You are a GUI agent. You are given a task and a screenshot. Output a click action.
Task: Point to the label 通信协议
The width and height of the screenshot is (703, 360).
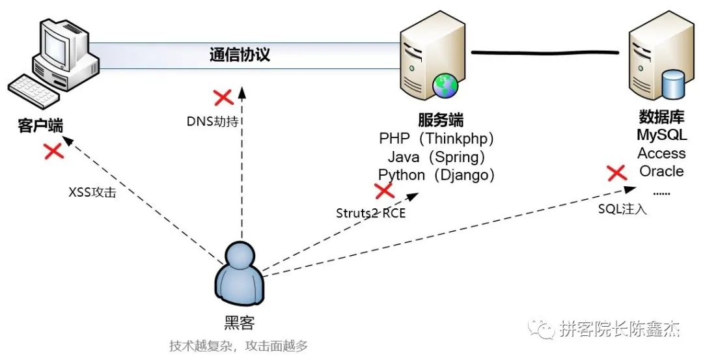tap(240, 55)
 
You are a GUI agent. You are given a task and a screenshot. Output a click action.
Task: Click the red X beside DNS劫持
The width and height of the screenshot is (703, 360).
tap(224, 98)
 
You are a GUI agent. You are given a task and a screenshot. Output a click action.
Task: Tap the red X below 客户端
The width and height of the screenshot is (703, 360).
tap(53, 151)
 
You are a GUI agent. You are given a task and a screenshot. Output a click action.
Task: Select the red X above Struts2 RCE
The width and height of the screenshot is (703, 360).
tap(384, 191)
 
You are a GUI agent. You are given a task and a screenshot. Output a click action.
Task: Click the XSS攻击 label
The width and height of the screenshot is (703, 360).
tap(92, 193)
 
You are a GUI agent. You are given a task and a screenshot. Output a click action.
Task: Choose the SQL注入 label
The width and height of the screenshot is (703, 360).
tap(622, 209)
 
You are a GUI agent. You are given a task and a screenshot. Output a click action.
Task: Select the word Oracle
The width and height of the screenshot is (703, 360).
tap(661, 171)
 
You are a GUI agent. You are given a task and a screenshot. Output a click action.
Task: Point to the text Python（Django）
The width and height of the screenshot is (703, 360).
tap(437, 174)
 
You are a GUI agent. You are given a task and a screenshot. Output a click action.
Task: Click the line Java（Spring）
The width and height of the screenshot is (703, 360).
tap(437, 157)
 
